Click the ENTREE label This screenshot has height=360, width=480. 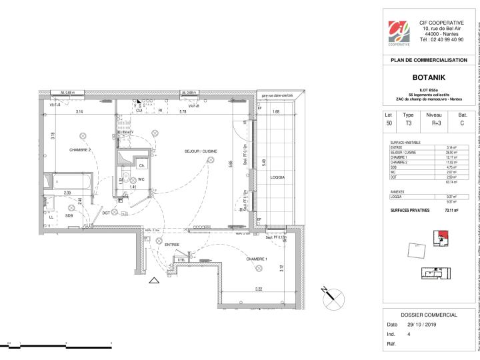click(x=173, y=245)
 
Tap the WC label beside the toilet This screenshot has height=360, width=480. click(x=141, y=179)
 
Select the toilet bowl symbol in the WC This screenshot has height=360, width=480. click(x=124, y=179)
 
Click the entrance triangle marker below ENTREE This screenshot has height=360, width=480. click(x=154, y=281)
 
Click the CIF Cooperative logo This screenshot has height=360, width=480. click(x=400, y=31)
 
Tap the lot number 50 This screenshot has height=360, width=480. click(x=389, y=123)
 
